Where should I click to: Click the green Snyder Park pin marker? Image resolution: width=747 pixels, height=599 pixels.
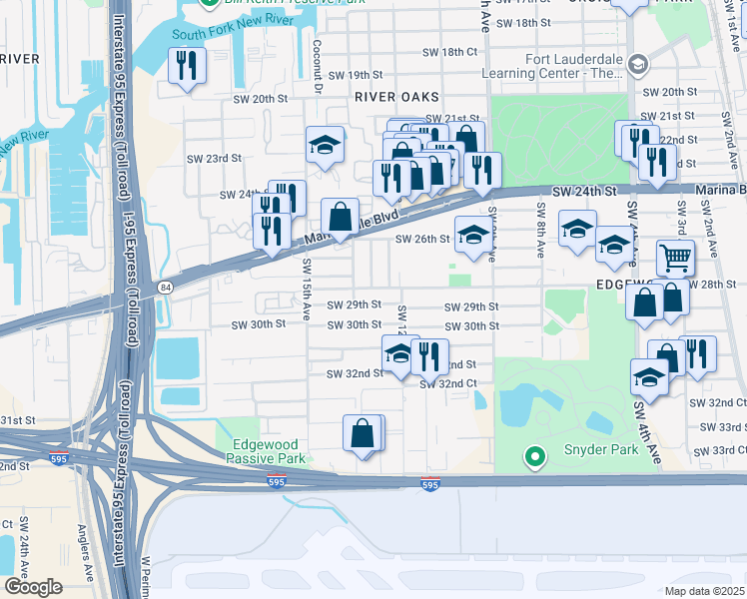click(x=534, y=458)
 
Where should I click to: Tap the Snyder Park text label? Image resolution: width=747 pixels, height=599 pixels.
click(x=596, y=450)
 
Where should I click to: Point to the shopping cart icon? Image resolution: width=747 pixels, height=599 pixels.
click(x=676, y=260)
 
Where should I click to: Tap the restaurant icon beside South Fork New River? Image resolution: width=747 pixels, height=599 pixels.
click(x=187, y=67)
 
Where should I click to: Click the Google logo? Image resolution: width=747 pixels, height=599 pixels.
click(x=33, y=587)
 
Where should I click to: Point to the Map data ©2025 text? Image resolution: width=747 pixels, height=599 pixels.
click(x=703, y=591)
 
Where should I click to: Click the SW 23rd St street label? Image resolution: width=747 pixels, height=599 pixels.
click(x=215, y=158)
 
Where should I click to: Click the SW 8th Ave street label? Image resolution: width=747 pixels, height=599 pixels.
click(x=539, y=231)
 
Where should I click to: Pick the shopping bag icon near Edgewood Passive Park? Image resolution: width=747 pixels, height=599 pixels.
click(x=363, y=434)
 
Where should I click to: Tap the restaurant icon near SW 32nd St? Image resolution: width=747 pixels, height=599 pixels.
click(x=427, y=356)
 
